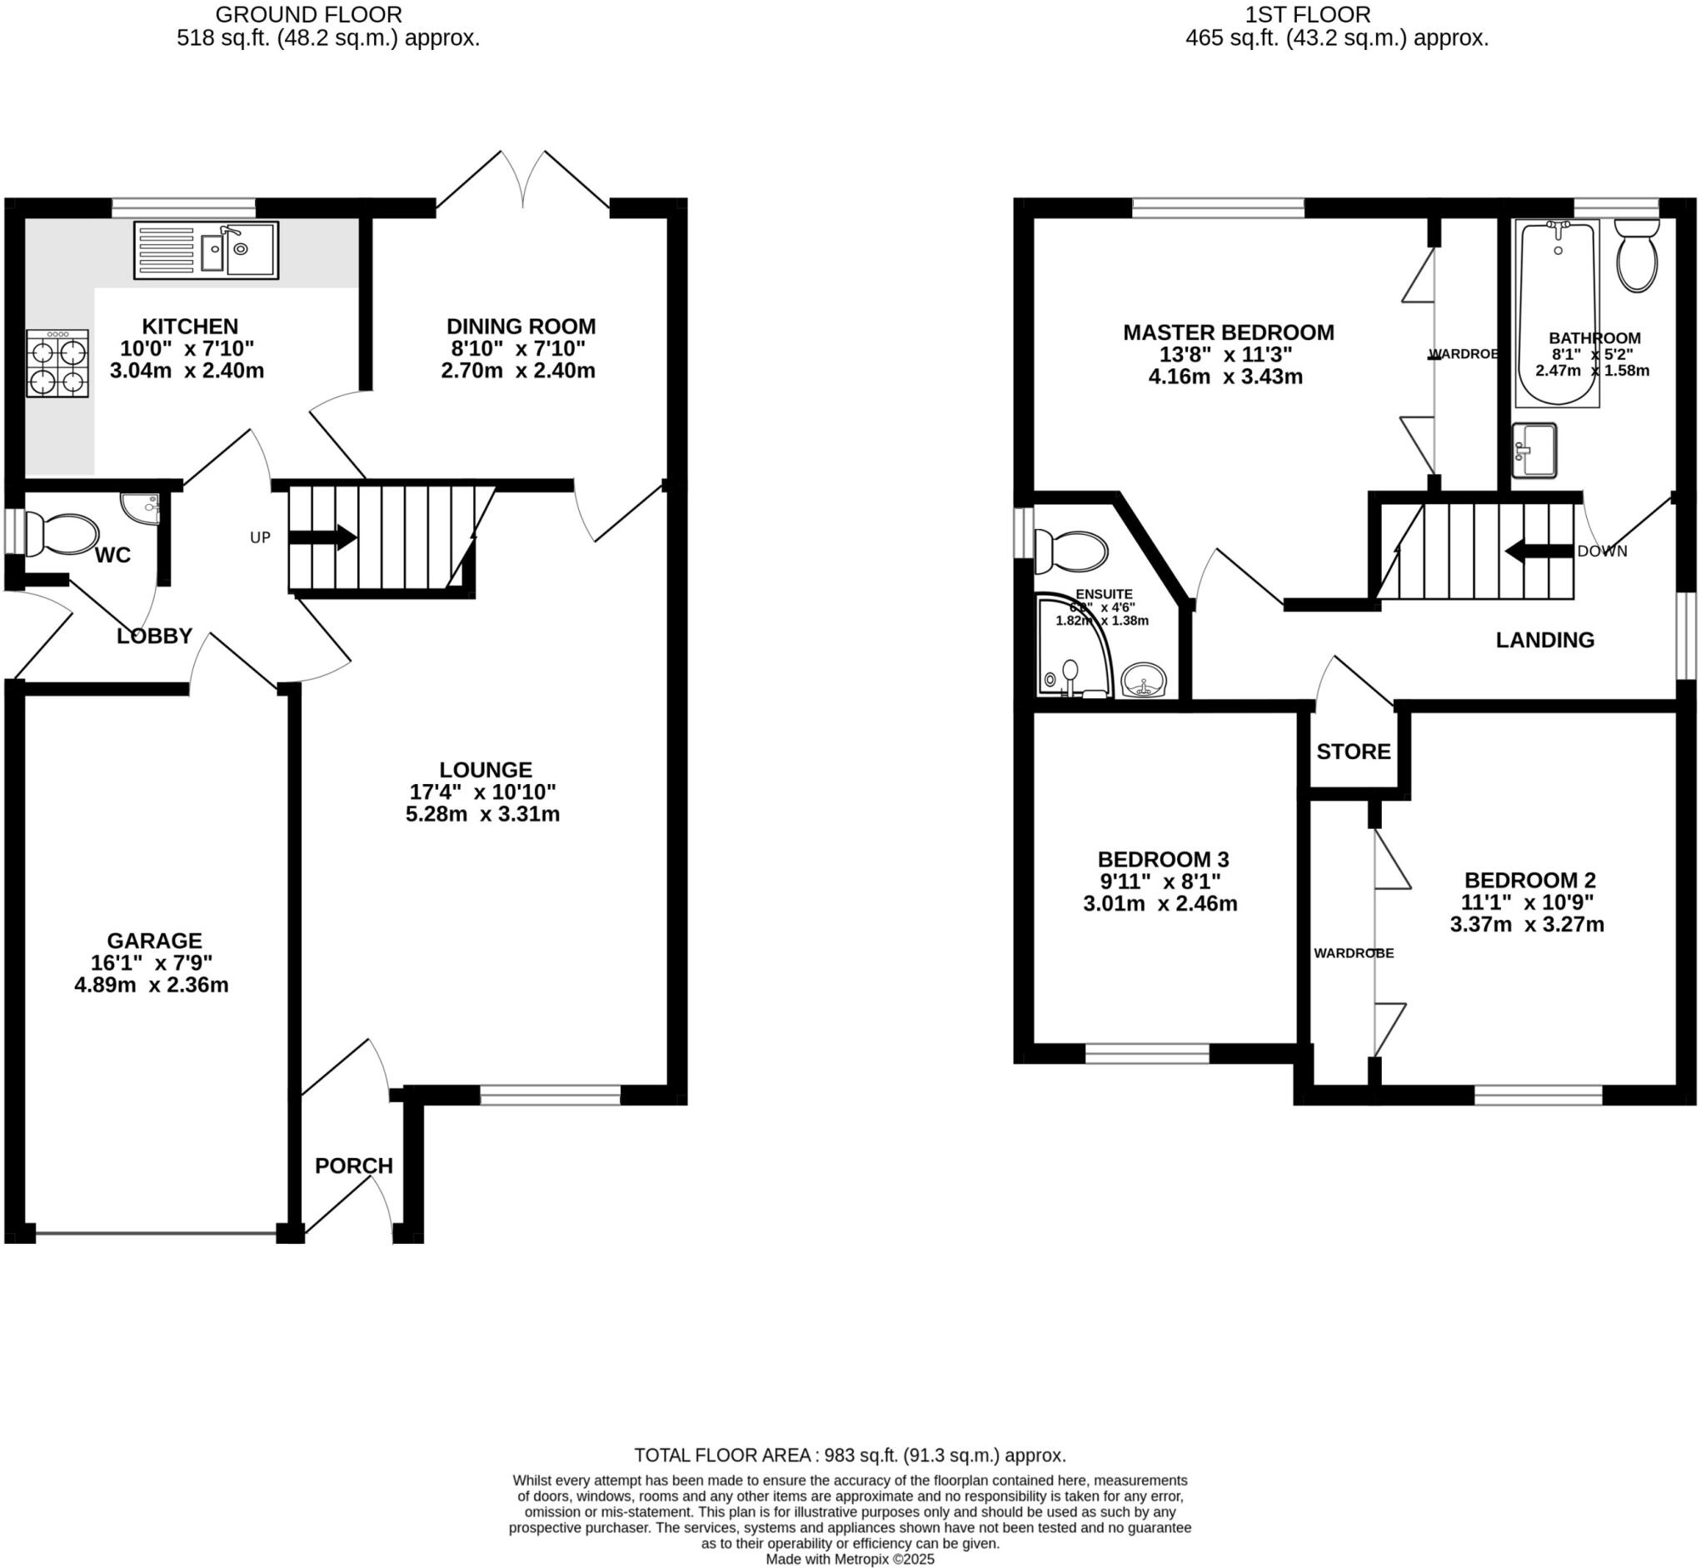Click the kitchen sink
(x=206, y=249)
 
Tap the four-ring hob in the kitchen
(x=57, y=363)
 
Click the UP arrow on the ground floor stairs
(x=322, y=537)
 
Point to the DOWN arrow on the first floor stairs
(x=1538, y=552)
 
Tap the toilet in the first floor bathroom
(x=1636, y=255)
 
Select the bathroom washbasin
(x=1534, y=450)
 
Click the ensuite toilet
(x=1071, y=552)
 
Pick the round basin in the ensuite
(x=1145, y=682)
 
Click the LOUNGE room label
(x=486, y=770)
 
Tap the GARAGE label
(x=154, y=940)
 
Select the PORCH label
(x=354, y=1166)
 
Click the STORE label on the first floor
(x=1353, y=751)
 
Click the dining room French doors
(x=522, y=182)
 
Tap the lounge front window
(x=551, y=1095)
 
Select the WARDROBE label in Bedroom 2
(x=1353, y=953)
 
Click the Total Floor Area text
(x=849, y=1456)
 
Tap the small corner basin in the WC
(x=142, y=507)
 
